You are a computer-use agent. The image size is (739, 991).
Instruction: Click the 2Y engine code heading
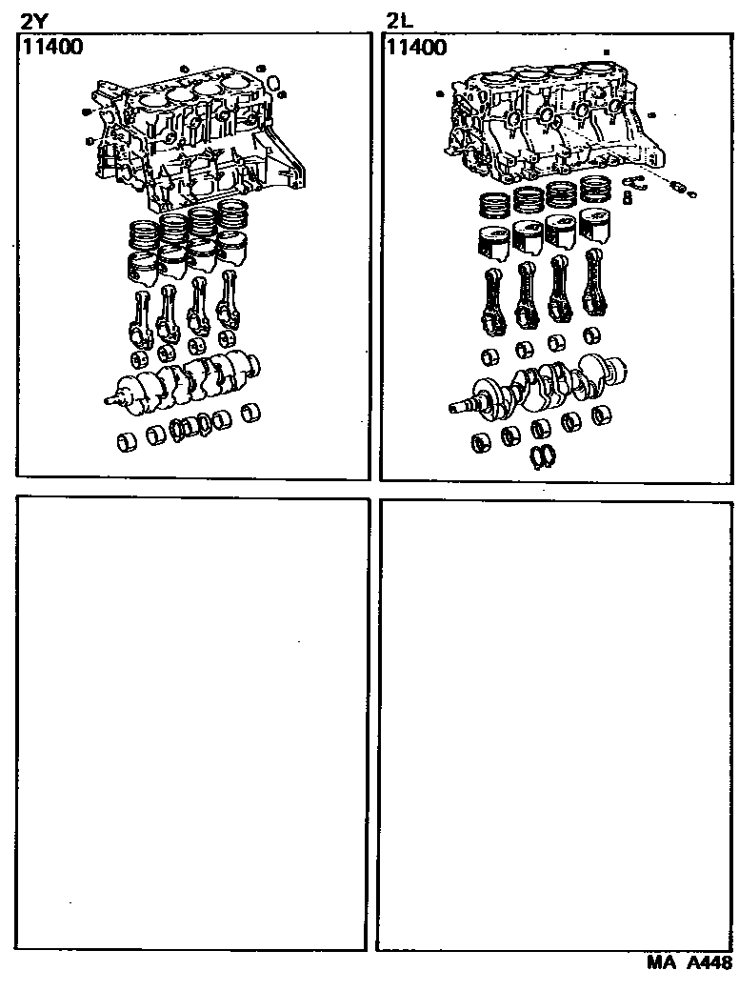[x=33, y=18]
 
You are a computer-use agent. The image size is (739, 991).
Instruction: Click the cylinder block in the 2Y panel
[x=190, y=143]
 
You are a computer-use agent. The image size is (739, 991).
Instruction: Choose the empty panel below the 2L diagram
[x=557, y=724]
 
